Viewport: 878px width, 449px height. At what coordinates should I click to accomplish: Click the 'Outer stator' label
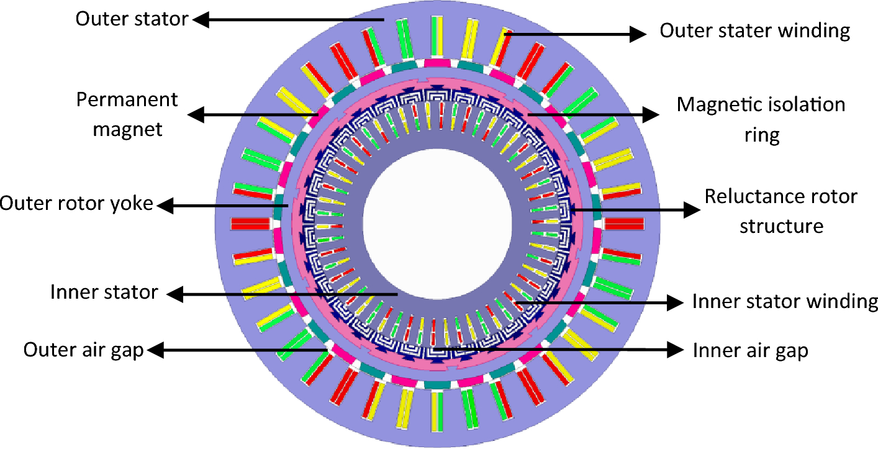131,19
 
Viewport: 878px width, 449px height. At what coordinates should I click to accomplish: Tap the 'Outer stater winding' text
754,30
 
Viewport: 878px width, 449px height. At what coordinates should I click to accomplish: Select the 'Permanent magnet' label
127,114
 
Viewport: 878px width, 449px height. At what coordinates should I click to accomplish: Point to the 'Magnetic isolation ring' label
761,119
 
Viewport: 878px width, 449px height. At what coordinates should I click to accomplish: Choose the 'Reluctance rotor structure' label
781,211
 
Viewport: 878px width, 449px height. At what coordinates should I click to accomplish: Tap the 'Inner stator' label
104,292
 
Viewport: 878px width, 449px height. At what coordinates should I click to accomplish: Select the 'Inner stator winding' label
785,302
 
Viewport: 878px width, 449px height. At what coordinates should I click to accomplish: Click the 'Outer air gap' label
83,350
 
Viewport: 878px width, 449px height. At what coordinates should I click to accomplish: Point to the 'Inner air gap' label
750,351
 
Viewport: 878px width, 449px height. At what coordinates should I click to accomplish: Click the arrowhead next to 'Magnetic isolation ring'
650,114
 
